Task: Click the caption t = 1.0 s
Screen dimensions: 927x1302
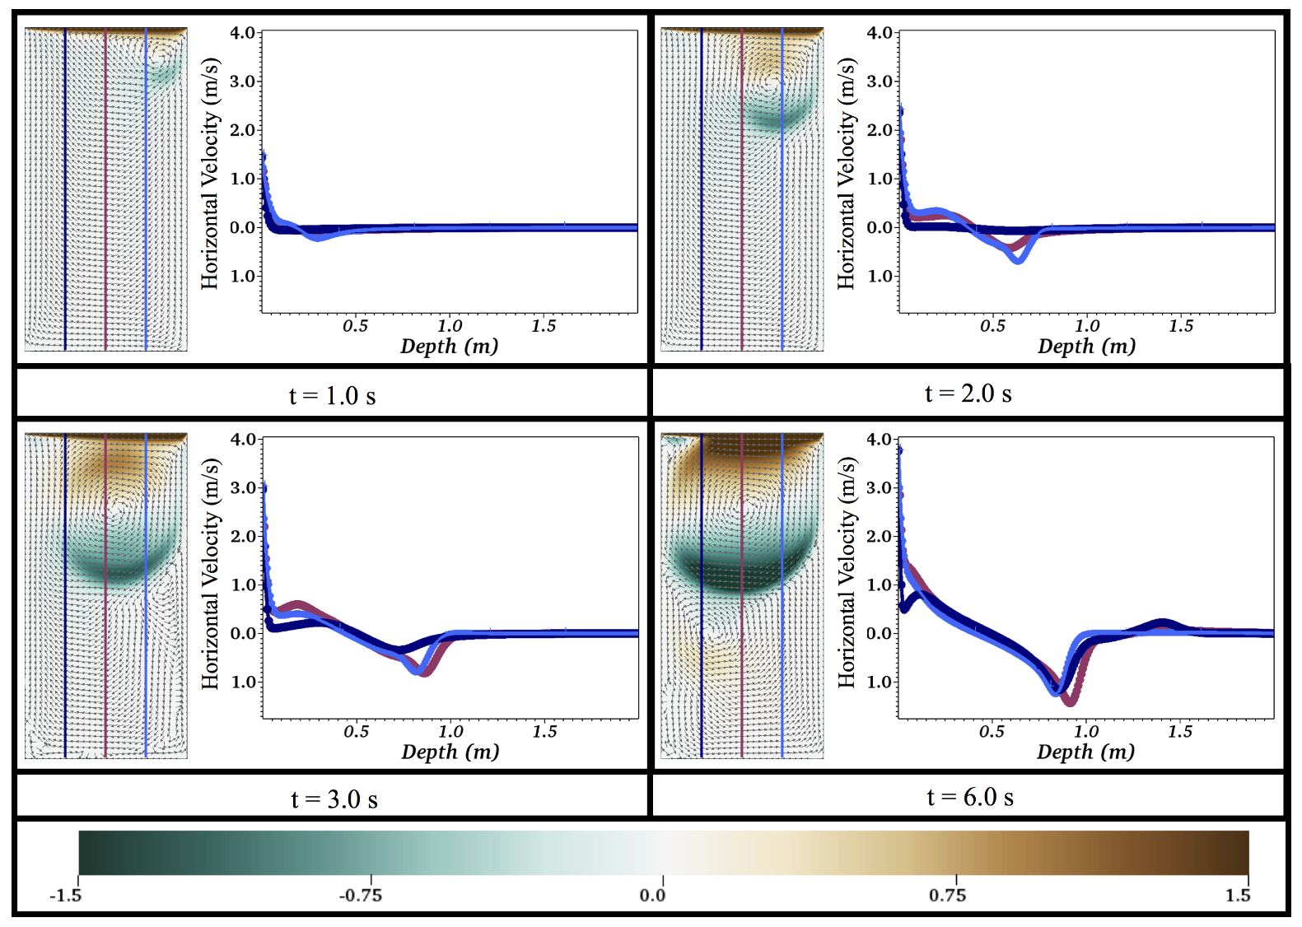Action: (332, 396)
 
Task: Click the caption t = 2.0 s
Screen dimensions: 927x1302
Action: (968, 394)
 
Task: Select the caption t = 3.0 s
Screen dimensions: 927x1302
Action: (334, 799)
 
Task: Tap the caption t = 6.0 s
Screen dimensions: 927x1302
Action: (969, 797)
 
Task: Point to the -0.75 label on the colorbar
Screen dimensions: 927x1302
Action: (360, 895)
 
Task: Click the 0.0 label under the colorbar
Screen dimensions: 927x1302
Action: (652, 895)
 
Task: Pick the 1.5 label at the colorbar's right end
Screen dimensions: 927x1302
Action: (1237, 895)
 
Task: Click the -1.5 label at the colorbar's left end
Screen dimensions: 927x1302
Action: (65, 895)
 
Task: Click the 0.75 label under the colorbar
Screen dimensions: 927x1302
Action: (947, 895)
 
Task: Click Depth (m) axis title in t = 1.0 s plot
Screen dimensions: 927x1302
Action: (449, 346)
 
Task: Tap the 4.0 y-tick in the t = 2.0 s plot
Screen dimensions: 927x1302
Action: (879, 33)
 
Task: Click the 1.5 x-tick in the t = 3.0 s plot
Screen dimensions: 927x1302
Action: (544, 731)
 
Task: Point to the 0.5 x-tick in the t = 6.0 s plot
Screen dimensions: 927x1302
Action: (992, 731)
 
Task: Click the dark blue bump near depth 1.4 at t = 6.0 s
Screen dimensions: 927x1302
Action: (1162, 624)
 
